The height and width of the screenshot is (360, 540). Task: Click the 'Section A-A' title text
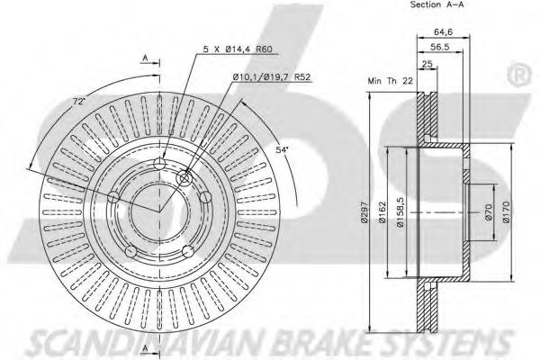tap(437, 4)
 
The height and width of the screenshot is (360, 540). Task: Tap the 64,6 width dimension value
tap(443, 32)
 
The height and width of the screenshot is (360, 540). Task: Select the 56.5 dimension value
tap(440, 47)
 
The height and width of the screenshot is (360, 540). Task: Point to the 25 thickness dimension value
tap(427, 64)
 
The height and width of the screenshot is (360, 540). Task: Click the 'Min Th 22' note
tap(390, 81)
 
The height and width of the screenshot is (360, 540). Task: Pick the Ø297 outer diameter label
tap(364, 211)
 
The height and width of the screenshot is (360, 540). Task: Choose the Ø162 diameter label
tap(382, 211)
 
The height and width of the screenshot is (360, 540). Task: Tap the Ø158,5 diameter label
tap(400, 211)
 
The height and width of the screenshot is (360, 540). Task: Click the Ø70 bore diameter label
tap(489, 211)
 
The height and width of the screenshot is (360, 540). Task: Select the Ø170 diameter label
tap(506, 211)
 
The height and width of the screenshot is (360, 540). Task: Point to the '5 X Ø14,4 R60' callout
tap(238, 49)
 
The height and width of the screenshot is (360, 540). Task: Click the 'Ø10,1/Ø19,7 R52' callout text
tap(272, 77)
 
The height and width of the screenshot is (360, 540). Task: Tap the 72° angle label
tap(79, 102)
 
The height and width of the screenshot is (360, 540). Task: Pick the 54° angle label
tap(282, 149)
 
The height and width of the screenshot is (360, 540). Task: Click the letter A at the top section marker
tap(145, 58)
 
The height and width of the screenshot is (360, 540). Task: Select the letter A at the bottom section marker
tap(145, 348)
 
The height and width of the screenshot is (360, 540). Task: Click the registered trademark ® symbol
tap(518, 75)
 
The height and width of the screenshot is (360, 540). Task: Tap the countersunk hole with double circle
tap(184, 178)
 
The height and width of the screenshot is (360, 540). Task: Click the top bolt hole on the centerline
tap(159, 164)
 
